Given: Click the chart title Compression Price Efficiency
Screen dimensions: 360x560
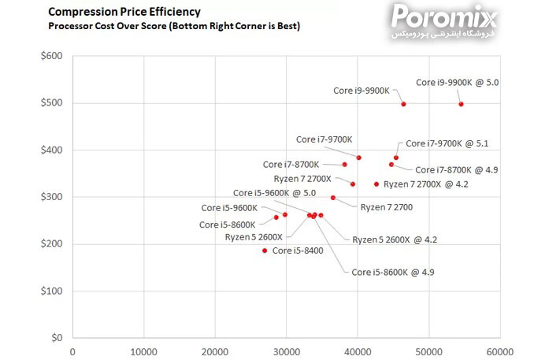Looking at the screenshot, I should (x=124, y=12).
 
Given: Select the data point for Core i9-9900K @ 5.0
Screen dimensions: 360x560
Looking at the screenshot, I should (x=461, y=104).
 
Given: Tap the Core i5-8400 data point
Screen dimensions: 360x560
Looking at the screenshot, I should (x=265, y=251).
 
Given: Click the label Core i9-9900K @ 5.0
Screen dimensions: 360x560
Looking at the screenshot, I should (x=457, y=82).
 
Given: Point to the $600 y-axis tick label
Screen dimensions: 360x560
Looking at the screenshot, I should (x=54, y=57).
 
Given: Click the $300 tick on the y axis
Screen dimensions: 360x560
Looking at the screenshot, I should (x=54, y=197).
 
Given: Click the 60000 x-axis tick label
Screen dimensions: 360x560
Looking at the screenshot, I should (x=499, y=352).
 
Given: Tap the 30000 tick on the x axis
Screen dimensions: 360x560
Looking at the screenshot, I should (x=286, y=352).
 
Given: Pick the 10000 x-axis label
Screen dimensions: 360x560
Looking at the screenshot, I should (x=143, y=352).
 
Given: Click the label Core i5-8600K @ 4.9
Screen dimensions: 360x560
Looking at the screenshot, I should (x=392, y=273).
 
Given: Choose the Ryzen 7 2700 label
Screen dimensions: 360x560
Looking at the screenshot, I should (x=386, y=207).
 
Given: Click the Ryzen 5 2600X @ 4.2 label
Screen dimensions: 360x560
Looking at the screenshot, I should (x=394, y=239).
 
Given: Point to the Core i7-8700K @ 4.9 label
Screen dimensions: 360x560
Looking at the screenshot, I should (x=456, y=170).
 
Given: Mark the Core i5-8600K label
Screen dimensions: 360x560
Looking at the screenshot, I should (x=227, y=225).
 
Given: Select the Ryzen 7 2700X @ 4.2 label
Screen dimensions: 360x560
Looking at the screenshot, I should (x=425, y=184).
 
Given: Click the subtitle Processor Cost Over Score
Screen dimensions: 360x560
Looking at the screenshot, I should (x=174, y=26).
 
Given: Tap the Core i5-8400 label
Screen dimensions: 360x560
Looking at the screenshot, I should (x=298, y=251).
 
